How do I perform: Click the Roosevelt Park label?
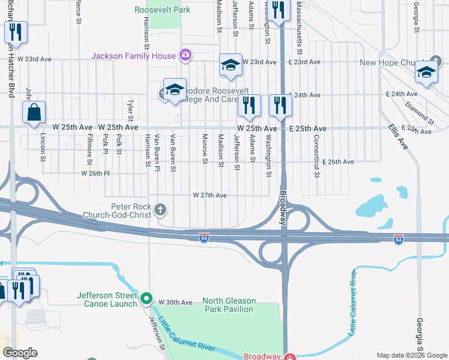(x=163, y=10)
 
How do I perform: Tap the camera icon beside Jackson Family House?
(x=185, y=56)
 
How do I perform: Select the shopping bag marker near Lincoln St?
(x=34, y=112)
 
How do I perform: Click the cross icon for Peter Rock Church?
(x=160, y=210)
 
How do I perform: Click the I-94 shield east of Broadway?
(x=398, y=239)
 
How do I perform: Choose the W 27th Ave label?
(x=209, y=196)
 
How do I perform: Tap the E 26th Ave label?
(x=338, y=162)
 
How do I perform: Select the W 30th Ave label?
(x=175, y=302)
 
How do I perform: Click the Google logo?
(x=20, y=353)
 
